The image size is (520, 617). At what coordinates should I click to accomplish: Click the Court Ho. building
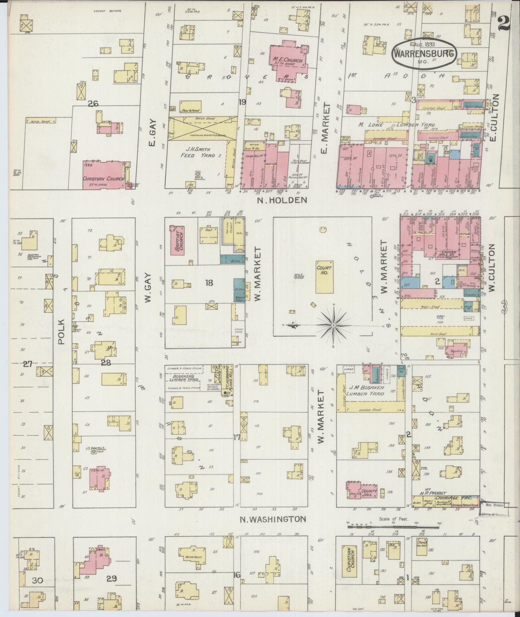pyautogui.click(x=325, y=277)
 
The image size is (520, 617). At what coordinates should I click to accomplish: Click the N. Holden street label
pyautogui.click(x=282, y=201)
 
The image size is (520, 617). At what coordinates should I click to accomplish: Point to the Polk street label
pyautogui.click(x=62, y=332)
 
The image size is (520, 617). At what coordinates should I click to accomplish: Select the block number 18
pyautogui.click(x=209, y=283)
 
